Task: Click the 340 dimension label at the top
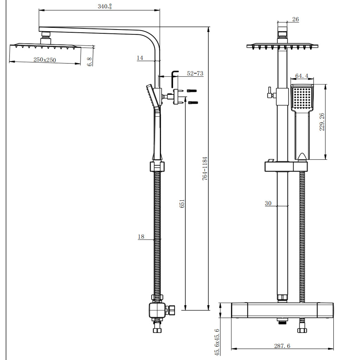tap(104, 6)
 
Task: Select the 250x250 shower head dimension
tap(45, 60)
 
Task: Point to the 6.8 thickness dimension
tap(90, 62)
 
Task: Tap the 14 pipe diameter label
tap(140, 58)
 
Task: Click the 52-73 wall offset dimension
tap(195, 73)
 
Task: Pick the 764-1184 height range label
tap(205, 169)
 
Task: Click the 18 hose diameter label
tap(141, 237)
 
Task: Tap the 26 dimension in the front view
tap(295, 19)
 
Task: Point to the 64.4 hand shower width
tap(302, 76)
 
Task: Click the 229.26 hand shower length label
tap(322, 122)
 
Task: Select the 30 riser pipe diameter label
tap(268, 203)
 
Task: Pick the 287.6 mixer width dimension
tap(282, 346)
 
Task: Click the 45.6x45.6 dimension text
tap(217, 342)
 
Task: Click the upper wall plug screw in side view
tap(192, 91)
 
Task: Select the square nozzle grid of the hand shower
tap(302, 98)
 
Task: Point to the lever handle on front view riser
tap(270, 93)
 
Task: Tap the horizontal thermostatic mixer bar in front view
tap(282, 310)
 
